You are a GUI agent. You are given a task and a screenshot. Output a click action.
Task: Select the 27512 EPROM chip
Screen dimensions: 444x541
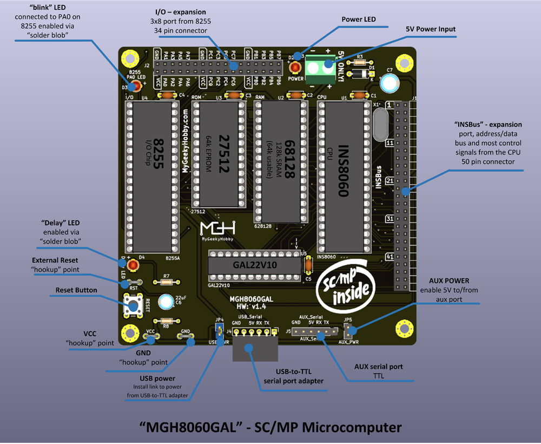[x=219, y=154]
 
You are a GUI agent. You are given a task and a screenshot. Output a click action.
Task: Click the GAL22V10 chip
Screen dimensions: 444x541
[x=255, y=266]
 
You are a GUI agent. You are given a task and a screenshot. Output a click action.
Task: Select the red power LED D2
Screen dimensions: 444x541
[x=295, y=68]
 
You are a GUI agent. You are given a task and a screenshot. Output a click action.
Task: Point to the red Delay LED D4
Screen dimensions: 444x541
[x=131, y=265]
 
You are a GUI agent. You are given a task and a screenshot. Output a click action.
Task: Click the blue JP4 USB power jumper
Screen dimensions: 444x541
[x=220, y=331]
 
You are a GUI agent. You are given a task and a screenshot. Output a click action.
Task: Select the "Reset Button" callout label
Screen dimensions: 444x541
[x=76, y=290]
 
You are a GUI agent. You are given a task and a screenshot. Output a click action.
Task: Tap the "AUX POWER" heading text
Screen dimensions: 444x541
[x=449, y=280]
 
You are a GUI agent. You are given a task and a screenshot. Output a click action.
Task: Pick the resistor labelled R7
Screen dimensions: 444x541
[x=167, y=282]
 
